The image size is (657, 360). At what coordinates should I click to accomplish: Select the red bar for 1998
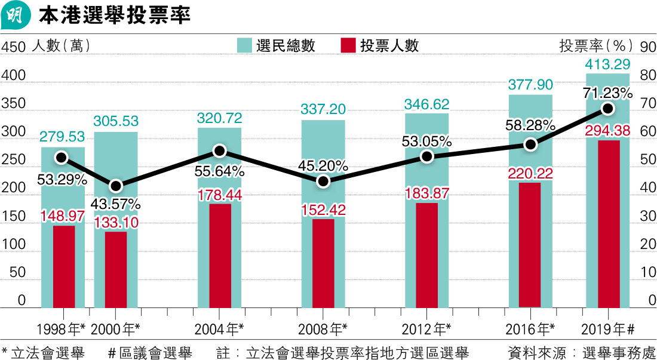[x=64, y=266]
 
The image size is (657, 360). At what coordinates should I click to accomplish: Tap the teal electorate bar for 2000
[x=116, y=155]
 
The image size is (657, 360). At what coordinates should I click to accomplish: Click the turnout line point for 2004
[x=219, y=151]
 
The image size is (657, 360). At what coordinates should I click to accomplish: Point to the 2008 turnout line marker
[x=323, y=181]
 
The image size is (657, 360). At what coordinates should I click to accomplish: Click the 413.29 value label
[x=608, y=64]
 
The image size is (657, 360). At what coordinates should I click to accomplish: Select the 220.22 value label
[x=530, y=173]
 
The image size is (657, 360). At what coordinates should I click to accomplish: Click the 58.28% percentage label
[x=530, y=126]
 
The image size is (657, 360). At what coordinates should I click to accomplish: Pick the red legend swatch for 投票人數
[x=348, y=46]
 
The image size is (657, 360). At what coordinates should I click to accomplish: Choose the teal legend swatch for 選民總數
[x=245, y=46]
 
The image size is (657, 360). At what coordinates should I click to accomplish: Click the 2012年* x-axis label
[x=426, y=328]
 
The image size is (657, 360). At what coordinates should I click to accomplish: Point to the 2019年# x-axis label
[x=607, y=328]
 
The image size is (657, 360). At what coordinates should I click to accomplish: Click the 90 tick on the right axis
[x=646, y=47]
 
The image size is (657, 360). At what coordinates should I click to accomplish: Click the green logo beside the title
[x=16, y=16]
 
